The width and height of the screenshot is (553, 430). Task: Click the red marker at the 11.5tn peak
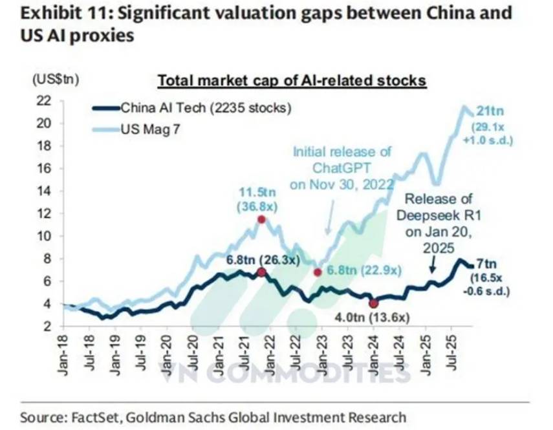(x=261, y=219)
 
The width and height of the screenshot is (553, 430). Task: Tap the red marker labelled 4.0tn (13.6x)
(x=373, y=303)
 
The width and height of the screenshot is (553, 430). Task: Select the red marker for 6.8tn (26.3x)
(x=261, y=272)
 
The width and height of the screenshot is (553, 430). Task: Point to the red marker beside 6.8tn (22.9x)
(x=318, y=272)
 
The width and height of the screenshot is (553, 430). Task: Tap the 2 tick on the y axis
(x=47, y=327)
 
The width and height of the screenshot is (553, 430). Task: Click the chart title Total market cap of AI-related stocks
(x=292, y=81)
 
